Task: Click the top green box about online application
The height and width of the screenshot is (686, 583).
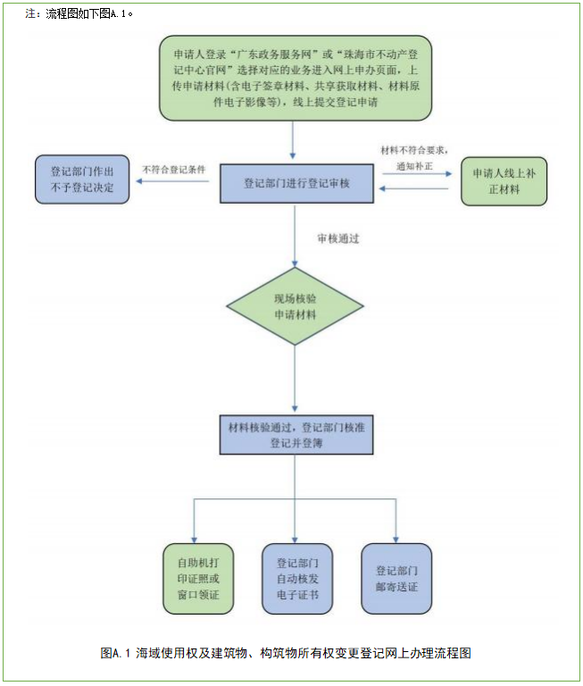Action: click(x=293, y=78)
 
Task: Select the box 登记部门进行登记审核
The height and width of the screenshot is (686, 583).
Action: click(x=296, y=183)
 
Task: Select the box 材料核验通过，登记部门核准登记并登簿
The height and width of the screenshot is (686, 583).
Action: click(x=294, y=433)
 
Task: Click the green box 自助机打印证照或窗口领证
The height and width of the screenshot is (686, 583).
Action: click(x=199, y=579)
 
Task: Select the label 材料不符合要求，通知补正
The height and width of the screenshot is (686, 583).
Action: click(x=413, y=159)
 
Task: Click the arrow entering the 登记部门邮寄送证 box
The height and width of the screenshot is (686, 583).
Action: click(x=396, y=527)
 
